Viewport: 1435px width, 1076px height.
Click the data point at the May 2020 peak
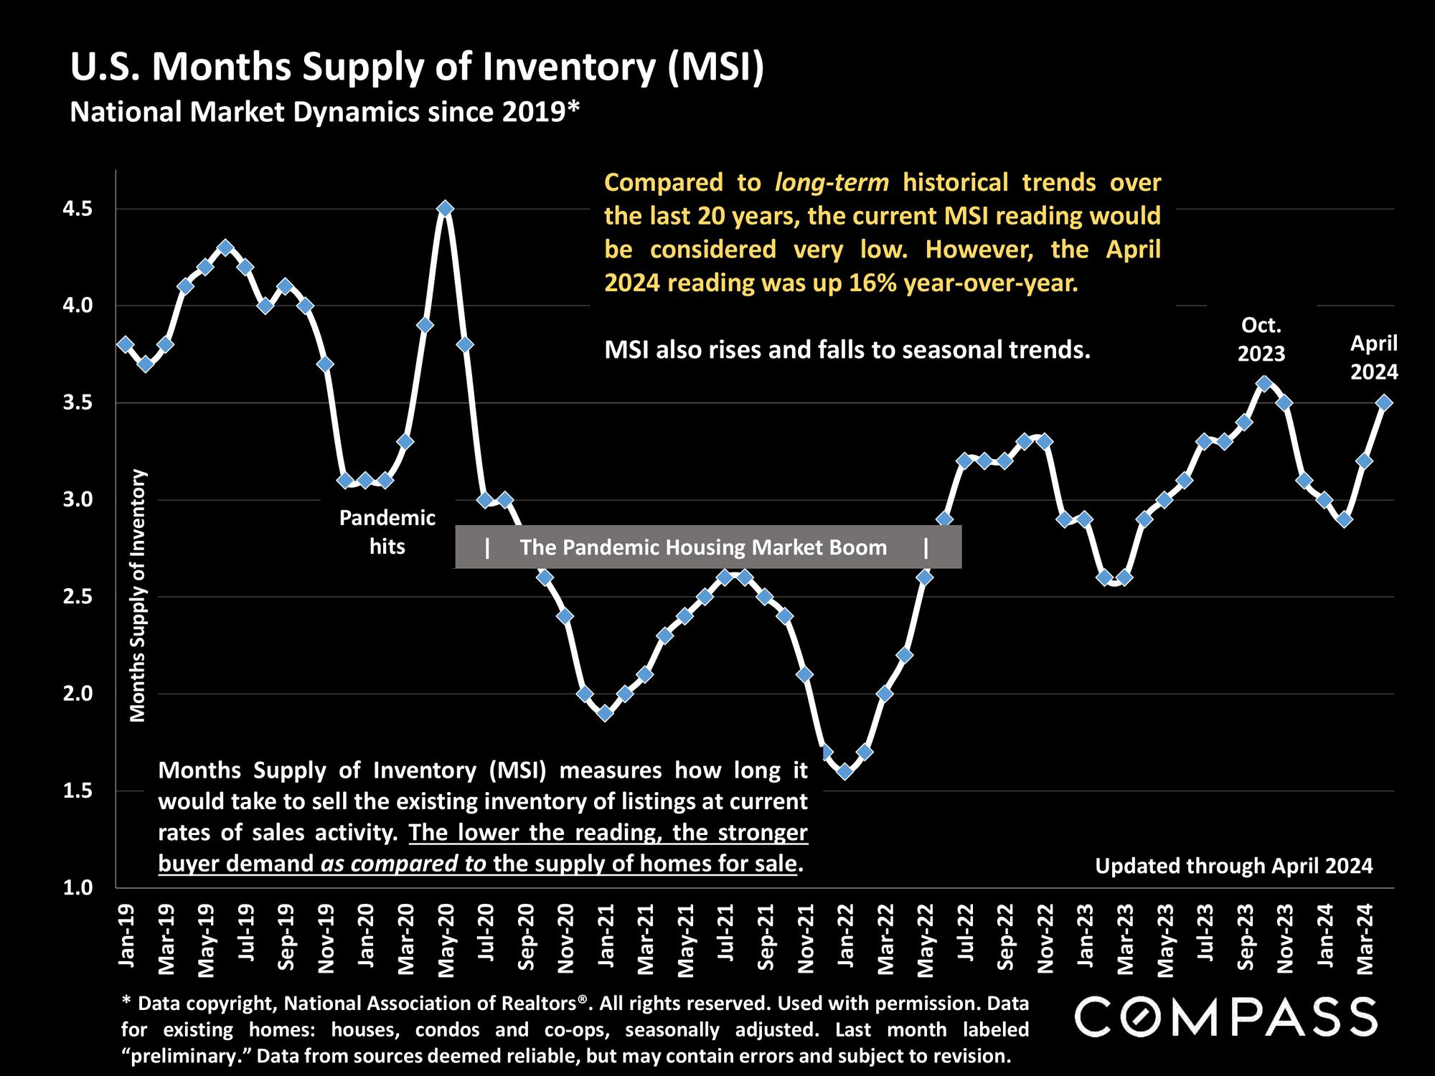(445, 209)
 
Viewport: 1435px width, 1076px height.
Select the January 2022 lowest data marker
(844, 771)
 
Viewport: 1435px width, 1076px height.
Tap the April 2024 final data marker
(1385, 403)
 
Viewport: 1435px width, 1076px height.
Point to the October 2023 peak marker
(1264, 384)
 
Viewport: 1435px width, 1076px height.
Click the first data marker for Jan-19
(126, 344)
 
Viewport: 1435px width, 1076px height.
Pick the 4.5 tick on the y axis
(79, 209)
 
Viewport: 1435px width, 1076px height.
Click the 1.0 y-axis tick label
(79, 888)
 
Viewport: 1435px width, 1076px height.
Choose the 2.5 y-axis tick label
(79, 597)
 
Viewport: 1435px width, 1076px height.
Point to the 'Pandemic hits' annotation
(387, 532)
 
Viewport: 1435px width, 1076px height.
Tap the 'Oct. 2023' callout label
(1261, 339)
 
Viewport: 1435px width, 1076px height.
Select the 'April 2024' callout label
(1374, 357)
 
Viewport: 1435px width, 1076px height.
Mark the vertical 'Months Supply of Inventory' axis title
(138, 595)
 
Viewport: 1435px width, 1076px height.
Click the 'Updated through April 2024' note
(1233, 866)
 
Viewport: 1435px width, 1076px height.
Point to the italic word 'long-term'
(832, 182)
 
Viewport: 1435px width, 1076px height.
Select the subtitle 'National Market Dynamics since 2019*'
(324, 112)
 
